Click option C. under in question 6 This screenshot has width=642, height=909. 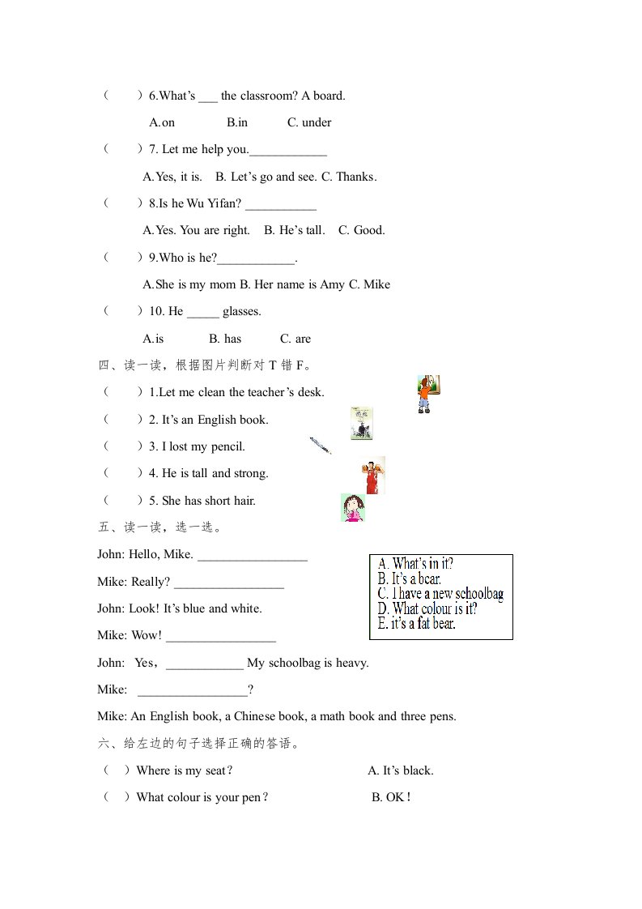pos(309,122)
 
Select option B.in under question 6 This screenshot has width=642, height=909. pos(237,122)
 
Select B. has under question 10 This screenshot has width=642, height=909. pos(225,339)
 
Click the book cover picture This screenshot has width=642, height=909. pos(361,423)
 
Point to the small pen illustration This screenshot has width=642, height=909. pos(320,446)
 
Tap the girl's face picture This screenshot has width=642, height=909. pos(352,507)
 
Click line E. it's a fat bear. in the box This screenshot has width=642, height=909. pos(416,623)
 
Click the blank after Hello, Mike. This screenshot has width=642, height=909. pos(252,555)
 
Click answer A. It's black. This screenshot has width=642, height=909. pos(401,770)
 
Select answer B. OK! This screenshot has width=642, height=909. pos(392,797)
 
